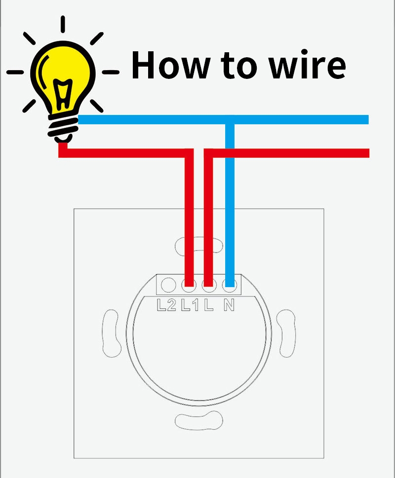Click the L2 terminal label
166,305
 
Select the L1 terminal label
189,305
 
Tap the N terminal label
229,305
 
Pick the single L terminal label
209,305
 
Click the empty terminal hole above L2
168,285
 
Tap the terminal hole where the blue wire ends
229,285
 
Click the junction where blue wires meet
229,120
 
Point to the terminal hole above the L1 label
188,285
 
